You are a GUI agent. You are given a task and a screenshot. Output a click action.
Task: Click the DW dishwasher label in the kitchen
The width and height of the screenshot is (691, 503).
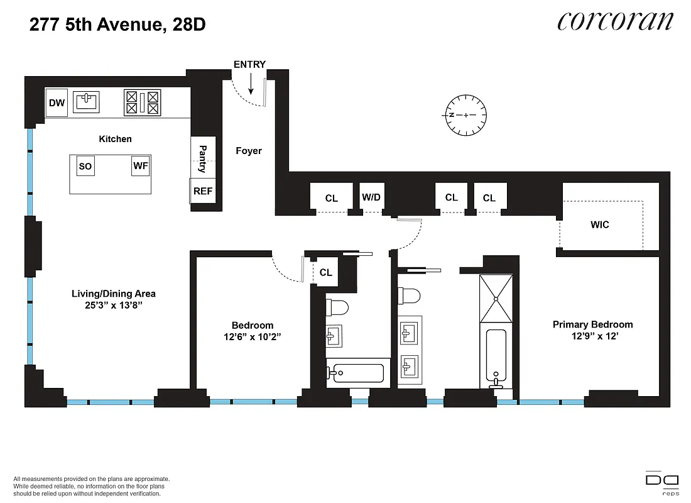coord(57,103)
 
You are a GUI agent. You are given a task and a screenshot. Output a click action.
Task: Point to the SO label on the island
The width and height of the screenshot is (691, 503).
coord(85,167)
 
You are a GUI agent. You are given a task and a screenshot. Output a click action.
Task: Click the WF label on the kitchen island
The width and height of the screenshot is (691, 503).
coord(140,167)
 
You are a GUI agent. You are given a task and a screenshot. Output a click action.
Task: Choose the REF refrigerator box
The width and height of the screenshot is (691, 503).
coord(203,191)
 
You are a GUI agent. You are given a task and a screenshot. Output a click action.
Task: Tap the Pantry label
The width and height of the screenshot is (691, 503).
coord(203,158)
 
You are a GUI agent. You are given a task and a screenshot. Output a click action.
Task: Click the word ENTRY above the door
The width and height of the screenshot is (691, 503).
coord(249,64)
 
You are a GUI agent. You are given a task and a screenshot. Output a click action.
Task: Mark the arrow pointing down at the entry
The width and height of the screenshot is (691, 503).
coord(251,84)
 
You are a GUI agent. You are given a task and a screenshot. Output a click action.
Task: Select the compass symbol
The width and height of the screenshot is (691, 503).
coord(465,115)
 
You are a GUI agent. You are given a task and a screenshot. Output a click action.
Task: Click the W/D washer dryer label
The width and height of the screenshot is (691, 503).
coord(371,197)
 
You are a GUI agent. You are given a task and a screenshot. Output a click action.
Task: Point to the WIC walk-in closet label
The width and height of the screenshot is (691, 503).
coord(600,224)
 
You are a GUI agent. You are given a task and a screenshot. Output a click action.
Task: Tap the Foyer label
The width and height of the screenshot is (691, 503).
coord(249,151)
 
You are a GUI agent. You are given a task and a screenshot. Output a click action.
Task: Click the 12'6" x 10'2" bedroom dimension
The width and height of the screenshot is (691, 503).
coord(252,336)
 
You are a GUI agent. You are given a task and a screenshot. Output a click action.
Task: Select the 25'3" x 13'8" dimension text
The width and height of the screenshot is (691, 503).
coord(113,305)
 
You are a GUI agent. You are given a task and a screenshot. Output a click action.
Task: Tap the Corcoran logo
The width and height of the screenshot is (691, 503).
coord(614,21)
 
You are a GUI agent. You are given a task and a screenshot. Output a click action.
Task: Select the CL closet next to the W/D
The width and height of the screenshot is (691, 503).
coord(331,198)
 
